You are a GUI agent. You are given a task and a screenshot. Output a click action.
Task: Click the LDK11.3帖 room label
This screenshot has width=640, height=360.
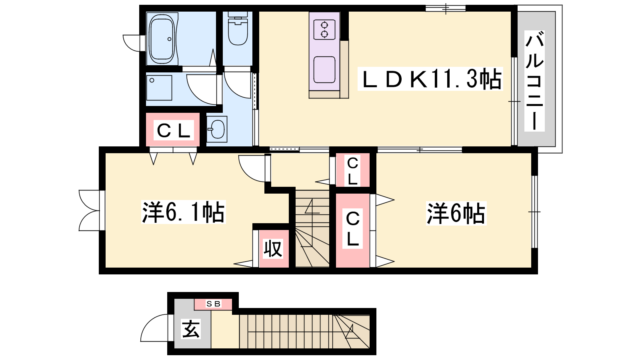[x=430, y=79]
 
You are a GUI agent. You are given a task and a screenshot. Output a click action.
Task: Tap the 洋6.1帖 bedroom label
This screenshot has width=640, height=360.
[x=184, y=212]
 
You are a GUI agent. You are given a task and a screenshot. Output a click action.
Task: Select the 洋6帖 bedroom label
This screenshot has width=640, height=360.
[x=456, y=214]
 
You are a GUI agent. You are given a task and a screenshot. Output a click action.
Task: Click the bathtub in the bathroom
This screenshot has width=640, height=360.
[x=162, y=39]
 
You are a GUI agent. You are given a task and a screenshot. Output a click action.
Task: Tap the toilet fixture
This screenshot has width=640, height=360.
[x=238, y=28]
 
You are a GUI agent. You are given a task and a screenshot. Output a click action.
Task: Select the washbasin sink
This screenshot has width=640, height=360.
[x=217, y=129]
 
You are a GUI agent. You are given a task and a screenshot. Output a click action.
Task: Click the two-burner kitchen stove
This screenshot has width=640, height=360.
[x=324, y=30]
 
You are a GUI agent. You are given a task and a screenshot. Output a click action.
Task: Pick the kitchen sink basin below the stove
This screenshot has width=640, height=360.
[x=324, y=70]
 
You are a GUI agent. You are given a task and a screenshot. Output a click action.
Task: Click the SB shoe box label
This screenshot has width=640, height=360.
[x=213, y=304]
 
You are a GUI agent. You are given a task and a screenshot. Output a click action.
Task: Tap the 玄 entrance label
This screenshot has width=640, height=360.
[x=190, y=329]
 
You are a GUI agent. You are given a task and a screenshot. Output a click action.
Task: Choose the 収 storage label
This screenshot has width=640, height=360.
[x=273, y=248]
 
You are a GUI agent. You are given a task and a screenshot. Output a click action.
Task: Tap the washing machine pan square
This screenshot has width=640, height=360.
[x=159, y=88]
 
